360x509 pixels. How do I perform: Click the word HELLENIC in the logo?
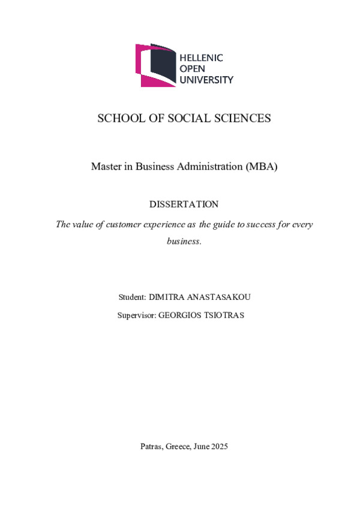[x=202, y=58]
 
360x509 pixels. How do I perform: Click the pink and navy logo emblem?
[x=155, y=65]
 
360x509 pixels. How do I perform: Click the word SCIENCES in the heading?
[x=245, y=118]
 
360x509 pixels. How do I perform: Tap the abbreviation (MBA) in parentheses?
[x=262, y=167]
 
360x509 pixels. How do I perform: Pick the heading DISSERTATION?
[x=184, y=204]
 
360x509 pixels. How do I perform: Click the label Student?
[x=133, y=297]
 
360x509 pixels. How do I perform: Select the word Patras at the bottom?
[x=150, y=446]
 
